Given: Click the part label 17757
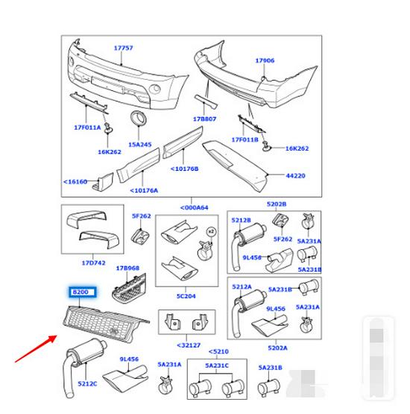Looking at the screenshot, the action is pos(123,48).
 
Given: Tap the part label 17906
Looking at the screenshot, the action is pos(265,60).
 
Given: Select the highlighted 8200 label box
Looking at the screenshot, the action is pos(83,292).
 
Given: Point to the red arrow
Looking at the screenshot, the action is pos(36,348).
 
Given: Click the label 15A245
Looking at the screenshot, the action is pos(140,145).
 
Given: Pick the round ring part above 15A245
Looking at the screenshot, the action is pos(138,118).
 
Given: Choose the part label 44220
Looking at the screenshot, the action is pos(295,175).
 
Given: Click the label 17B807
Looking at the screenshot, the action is pos(204,119).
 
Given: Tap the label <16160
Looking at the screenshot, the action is pos(75,182).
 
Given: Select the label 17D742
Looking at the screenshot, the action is pos(93,263).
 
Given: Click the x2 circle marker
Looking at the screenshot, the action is pos(211,232).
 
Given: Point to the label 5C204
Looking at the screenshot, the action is pos(186,296).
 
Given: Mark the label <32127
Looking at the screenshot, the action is pos(189,345).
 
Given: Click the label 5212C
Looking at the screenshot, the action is pos(87,383).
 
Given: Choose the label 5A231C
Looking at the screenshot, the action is pos(217,366).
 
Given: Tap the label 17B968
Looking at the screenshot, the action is pos(127,269).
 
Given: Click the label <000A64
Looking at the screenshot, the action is pos(194,208).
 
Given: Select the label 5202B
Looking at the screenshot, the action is pos(277,204).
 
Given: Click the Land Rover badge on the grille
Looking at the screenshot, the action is pos(114,330).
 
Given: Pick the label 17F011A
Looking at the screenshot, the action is pos(87,128).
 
